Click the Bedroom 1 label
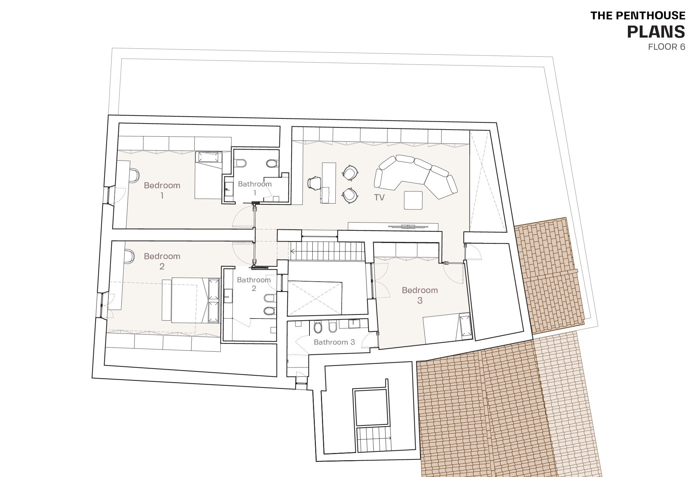pos(162,190)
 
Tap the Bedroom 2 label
pos(162,261)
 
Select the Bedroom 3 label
pos(420,295)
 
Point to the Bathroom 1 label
pos(255,188)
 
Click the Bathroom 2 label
pos(254,284)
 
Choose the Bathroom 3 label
pos(334,342)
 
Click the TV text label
pos(379,198)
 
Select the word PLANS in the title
pos(656,31)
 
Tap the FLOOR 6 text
pos(667,47)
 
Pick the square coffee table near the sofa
pos(413,200)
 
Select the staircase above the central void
pos(327,250)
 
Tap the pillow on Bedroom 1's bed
pos(209,157)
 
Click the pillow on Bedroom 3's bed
pos(465,327)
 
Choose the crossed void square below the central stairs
pos(314,299)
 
